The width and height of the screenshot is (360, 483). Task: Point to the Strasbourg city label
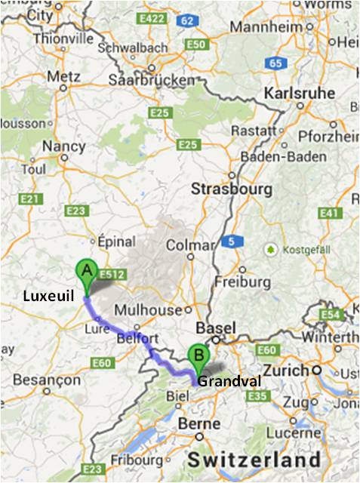232,188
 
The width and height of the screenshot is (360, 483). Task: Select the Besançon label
48,380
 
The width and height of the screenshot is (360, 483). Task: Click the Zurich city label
290,371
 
